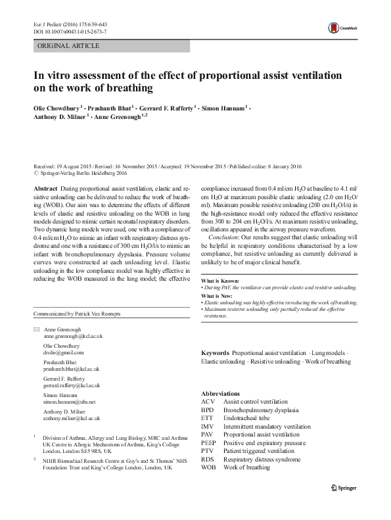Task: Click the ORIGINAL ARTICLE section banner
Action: (68, 46)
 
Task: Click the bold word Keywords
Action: (215, 353)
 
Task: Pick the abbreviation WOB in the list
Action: (208, 467)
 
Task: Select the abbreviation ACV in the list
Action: (208, 401)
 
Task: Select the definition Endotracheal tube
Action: (250, 417)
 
